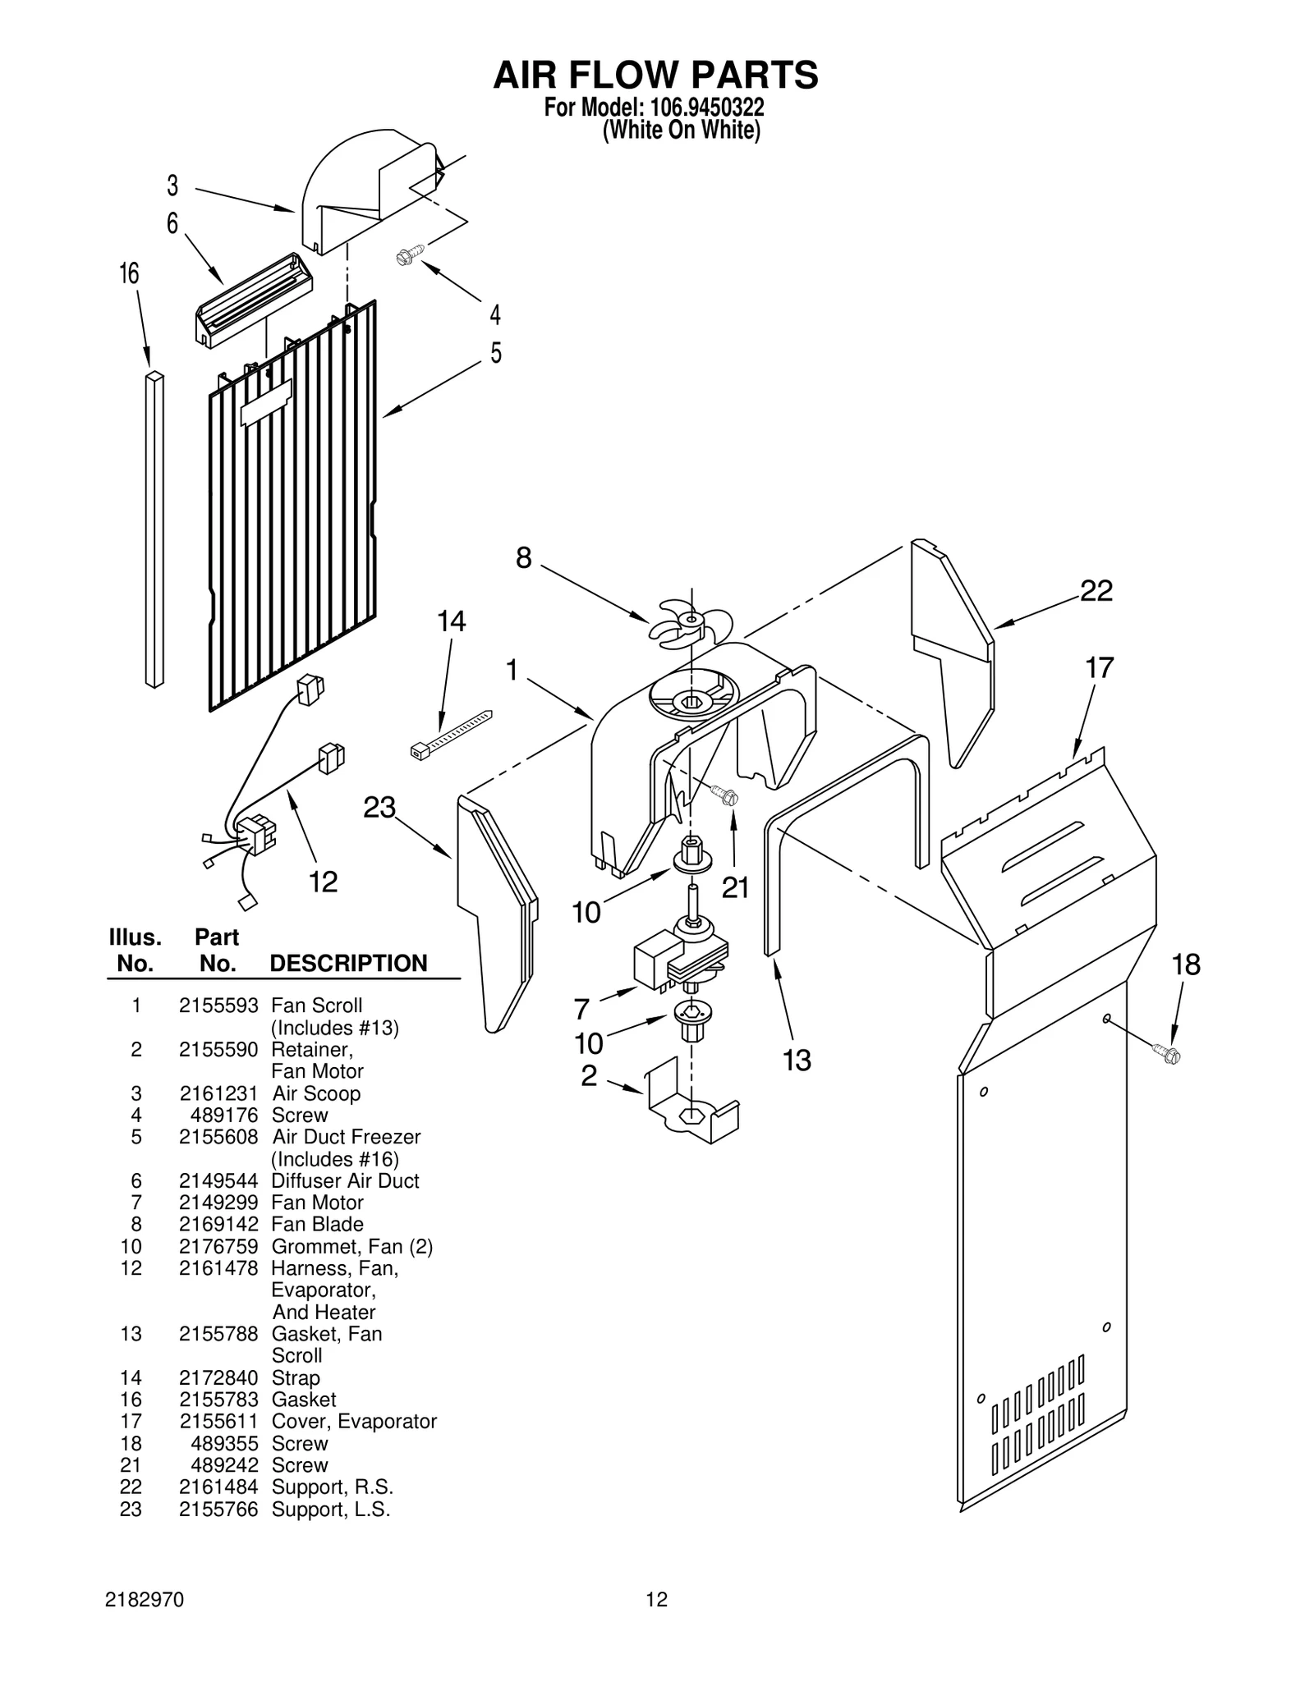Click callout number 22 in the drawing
click(1096, 590)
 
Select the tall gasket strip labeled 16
click(154, 529)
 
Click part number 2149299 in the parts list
click(218, 1203)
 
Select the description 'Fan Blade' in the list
click(317, 1224)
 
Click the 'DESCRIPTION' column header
click(348, 963)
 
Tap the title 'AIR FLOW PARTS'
click(655, 75)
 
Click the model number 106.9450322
click(706, 108)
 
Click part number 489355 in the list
click(224, 1443)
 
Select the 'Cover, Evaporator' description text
click(354, 1421)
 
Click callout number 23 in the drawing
click(379, 808)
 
